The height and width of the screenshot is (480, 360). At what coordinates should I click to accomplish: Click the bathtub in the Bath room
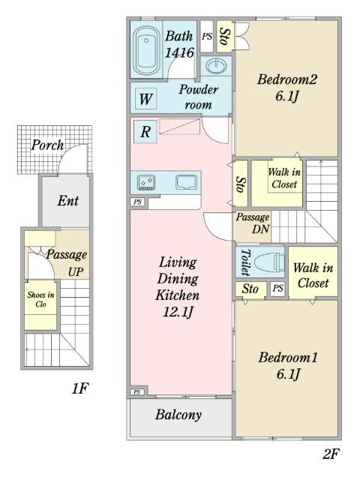[146, 50]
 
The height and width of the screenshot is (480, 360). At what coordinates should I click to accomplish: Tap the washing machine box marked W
[145, 99]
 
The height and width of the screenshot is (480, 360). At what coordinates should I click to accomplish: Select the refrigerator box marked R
[145, 132]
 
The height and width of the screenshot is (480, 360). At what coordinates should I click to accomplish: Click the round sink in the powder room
[216, 66]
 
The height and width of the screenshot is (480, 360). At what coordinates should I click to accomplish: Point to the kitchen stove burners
[146, 182]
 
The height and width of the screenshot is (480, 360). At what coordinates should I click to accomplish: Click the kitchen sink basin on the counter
[187, 182]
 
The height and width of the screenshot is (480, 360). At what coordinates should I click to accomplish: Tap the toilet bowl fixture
[269, 262]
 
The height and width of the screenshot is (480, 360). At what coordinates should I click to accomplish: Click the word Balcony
[178, 415]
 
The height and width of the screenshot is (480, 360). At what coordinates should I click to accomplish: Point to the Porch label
[47, 145]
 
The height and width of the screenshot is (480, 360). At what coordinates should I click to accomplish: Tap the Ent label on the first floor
[68, 201]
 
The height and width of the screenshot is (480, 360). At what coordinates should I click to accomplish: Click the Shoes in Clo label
[40, 299]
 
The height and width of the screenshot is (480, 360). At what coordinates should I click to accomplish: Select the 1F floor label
[79, 388]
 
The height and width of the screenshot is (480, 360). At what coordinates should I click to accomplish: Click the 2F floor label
[331, 454]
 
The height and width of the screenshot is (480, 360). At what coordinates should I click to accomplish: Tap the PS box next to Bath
[207, 36]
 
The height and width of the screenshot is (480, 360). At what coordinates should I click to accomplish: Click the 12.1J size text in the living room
[178, 312]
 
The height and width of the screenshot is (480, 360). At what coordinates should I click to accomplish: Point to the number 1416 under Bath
[179, 52]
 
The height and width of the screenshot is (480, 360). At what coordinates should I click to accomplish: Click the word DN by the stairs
[261, 229]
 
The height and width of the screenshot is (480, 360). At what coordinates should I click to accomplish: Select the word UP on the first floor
[76, 271]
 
